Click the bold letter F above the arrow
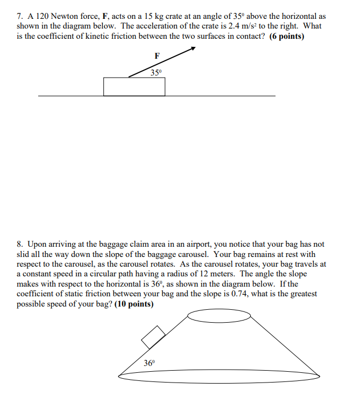point(157,55)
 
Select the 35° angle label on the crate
point(156,73)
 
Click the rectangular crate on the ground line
point(134,87)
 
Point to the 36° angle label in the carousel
point(149,363)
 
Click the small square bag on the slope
point(153,337)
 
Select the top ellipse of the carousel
point(211,316)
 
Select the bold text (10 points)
point(134,304)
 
